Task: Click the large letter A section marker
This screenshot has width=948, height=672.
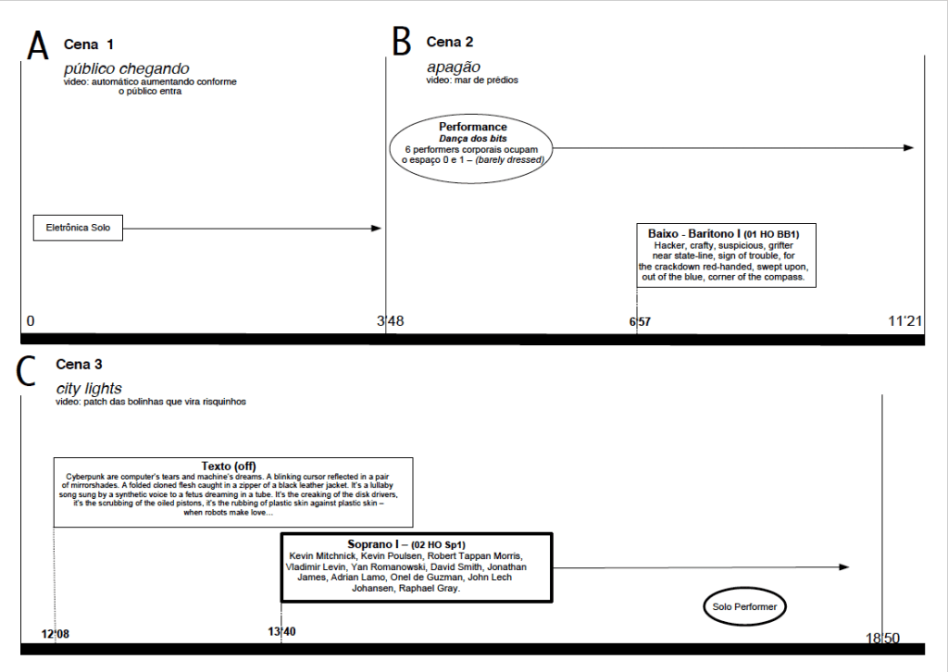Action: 38,45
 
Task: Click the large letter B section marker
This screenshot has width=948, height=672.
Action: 401,42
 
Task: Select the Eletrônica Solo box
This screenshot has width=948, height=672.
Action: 78,228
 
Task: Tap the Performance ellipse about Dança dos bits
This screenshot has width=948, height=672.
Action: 473,143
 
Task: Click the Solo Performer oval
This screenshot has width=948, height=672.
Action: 744,607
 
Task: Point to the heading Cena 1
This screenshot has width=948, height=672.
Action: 89,44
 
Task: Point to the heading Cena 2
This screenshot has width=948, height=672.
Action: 450,42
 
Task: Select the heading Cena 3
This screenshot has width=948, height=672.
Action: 80,365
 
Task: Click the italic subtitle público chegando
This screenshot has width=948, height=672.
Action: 126,68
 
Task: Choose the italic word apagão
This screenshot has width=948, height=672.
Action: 454,67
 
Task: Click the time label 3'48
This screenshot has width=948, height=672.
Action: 391,322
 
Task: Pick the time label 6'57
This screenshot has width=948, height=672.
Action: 640,322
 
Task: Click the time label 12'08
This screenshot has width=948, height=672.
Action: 56,633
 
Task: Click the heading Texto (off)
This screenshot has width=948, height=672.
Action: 229,465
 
